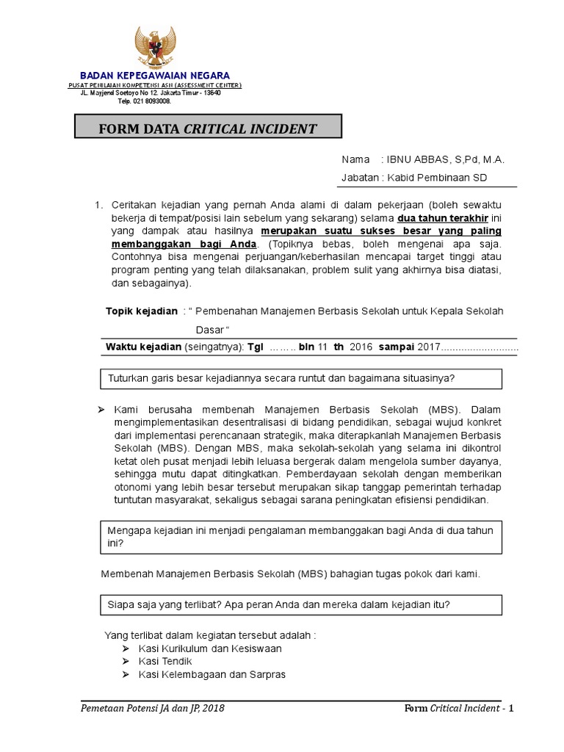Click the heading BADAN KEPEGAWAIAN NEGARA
pyautogui.click(x=154, y=76)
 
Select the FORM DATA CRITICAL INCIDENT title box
pyautogui.click(x=209, y=129)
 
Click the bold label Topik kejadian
pyautogui.click(x=142, y=311)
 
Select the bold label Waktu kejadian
pyautogui.click(x=144, y=347)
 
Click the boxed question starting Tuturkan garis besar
pyautogui.click(x=281, y=379)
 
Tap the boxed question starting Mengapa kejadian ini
pyautogui.click(x=300, y=537)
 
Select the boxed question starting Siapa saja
pyautogui.click(x=279, y=605)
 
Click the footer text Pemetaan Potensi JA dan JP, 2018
pyautogui.click(x=153, y=708)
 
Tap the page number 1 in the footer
pyautogui.click(x=511, y=708)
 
